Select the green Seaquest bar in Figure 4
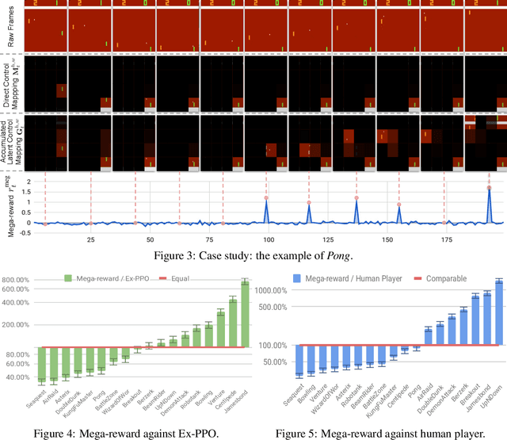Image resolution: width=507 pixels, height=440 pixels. [41, 365]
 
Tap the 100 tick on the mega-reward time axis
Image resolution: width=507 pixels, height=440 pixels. [269, 239]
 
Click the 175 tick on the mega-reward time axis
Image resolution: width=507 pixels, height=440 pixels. [447, 239]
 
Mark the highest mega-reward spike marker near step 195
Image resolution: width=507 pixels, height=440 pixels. [490, 188]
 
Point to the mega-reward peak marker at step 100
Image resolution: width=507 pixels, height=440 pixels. [267, 198]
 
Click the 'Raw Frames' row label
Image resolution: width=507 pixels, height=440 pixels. [10, 25]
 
